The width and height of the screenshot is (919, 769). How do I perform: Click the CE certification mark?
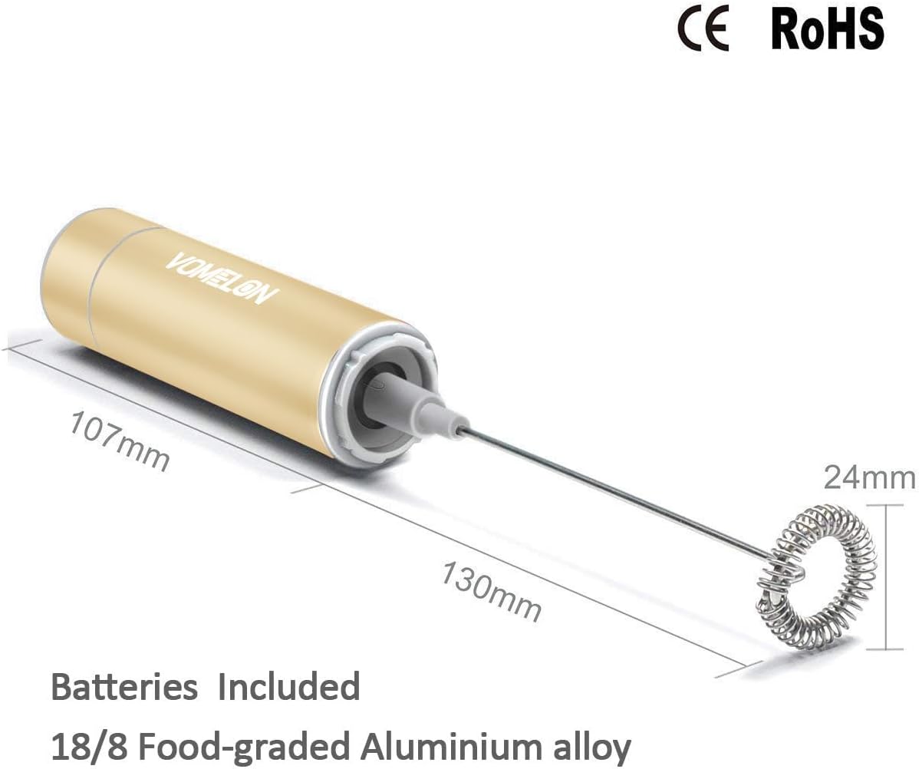703,30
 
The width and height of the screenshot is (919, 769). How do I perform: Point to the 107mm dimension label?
120,441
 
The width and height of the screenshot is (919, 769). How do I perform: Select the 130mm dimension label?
491,592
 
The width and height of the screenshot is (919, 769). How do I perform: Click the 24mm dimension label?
869,478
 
